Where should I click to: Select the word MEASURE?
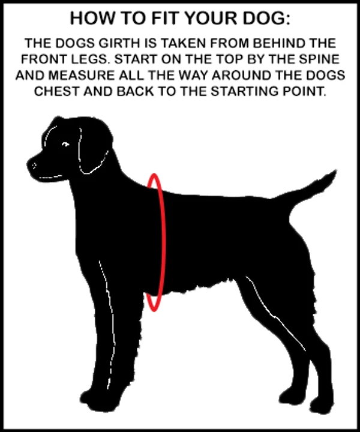tap(82, 75)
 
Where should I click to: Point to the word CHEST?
tap(56, 91)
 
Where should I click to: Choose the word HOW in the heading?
tap(92, 19)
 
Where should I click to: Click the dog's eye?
tap(65, 145)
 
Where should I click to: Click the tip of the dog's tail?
tap(336, 171)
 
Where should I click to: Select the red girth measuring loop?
tap(165, 242)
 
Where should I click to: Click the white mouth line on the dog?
tap(50, 176)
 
